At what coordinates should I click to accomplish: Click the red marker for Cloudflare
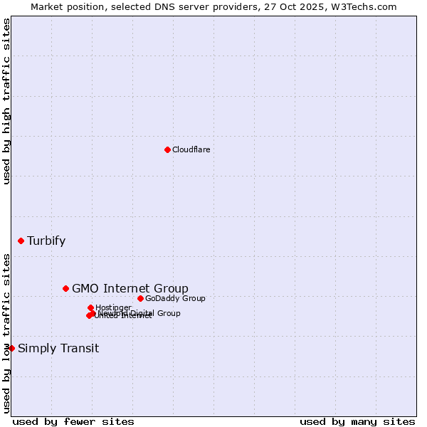167,149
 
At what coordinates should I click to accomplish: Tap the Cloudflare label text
191,149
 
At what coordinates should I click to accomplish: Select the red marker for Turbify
21,241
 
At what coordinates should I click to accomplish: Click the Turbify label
46,241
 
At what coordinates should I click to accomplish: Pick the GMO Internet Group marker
66,288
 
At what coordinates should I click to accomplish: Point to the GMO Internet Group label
130,288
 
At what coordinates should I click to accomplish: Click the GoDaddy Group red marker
140,298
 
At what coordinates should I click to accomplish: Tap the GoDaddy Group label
175,298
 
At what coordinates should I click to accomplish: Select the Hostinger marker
90,307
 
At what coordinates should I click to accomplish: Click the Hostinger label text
114,307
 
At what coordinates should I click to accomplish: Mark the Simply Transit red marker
11,348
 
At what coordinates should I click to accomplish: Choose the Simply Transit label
58,348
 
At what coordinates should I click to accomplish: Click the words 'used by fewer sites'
73,421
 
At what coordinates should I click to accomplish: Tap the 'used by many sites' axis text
357,421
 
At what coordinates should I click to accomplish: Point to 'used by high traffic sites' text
7,101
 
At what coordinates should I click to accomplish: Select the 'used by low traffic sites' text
7,332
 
